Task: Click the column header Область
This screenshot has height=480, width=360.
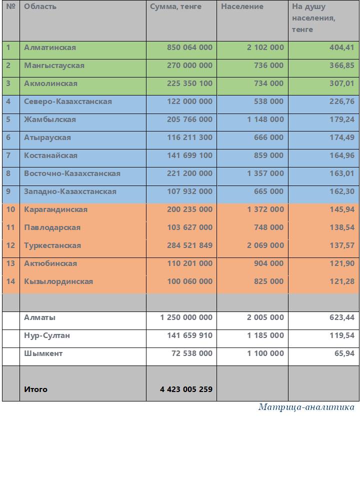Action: point(40,6)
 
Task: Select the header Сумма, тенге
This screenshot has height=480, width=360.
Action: point(176,6)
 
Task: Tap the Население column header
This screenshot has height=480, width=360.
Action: point(242,6)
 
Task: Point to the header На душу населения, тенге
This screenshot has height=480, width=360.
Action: point(313,18)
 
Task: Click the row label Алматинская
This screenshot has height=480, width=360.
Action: point(50,47)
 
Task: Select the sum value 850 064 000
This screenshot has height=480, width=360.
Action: point(189,47)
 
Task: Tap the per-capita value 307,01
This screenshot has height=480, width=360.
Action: point(341,83)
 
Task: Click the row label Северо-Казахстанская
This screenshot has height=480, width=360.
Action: point(68,101)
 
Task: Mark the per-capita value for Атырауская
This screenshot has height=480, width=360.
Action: point(341,137)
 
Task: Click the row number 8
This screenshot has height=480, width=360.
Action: point(8,173)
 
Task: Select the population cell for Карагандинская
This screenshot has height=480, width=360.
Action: point(265,209)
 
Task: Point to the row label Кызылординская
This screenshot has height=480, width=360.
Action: point(58,281)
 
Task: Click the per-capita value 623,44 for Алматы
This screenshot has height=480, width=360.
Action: point(341,317)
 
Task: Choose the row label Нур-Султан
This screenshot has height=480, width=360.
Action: point(47,335)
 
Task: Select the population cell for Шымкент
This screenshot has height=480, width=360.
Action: point(265,353)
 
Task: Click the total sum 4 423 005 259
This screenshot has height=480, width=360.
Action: point(186,389)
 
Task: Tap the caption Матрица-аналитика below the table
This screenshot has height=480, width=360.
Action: point(306,407)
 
